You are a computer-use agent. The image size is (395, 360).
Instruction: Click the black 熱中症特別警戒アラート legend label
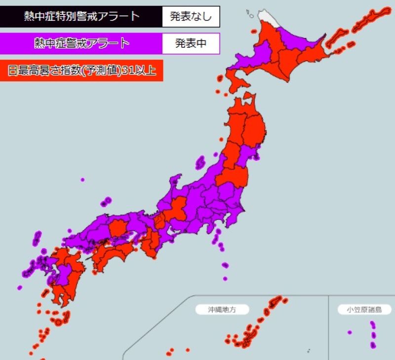click(81, 16)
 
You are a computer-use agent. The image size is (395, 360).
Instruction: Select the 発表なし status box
click(191, 17)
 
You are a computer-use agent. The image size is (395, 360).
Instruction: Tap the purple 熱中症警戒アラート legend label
click(81, 43)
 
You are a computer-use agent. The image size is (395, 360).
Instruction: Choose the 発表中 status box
click(191, 43)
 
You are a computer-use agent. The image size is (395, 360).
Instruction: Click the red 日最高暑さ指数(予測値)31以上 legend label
click(81, 71)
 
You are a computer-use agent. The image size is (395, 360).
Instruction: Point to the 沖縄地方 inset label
click(222, 310)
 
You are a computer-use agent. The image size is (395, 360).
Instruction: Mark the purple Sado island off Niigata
click(200, 162)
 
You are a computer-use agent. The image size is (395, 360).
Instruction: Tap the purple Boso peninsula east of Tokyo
click(240, 212)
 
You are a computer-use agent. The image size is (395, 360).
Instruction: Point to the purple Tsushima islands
click(36, 239)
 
